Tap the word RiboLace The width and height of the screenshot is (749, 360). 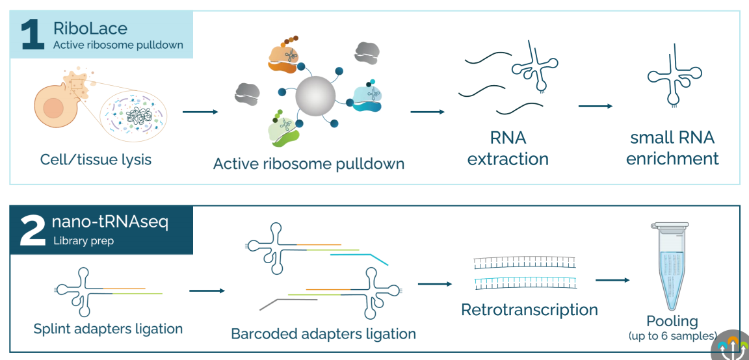(x=90, y=29)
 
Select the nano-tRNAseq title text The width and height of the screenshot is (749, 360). (x=110, y=222)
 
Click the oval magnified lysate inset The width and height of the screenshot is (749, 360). (x=134, y=116)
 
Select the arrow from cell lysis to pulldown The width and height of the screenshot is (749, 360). (x=200, y=112)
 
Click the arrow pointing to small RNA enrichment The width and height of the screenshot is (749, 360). (x=595, y=106)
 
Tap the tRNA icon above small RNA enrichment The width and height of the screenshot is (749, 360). (x=674, y=77)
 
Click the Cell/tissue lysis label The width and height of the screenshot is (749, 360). (x=96, y=159)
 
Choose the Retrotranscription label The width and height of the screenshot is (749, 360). (x=529, y=309)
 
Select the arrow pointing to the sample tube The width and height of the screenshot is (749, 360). (x=612, y=280)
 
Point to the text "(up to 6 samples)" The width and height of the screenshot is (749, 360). (x=672, y=336)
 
